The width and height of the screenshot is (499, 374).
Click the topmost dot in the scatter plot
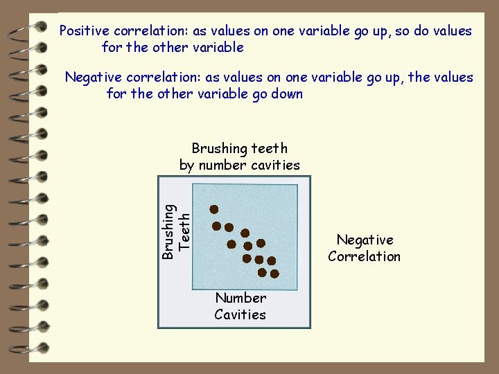215,208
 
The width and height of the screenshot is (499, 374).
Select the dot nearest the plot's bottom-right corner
274,274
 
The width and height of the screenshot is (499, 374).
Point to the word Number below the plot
240,298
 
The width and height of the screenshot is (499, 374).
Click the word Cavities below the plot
240,314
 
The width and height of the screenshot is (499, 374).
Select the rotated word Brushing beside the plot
168,231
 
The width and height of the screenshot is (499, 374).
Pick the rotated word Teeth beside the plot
184,231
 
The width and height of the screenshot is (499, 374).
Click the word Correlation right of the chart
365,256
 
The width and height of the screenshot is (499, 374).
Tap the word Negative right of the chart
365,240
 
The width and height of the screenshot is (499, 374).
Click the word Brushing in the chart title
219,149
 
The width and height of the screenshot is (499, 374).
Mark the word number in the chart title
220,166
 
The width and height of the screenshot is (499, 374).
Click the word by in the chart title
187,166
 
